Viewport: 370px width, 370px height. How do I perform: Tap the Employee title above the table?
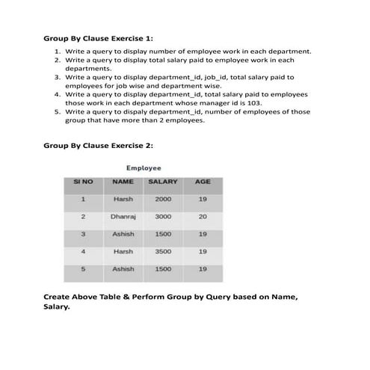[x=143, y=168]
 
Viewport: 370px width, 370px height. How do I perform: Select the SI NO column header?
[x=83, y=182]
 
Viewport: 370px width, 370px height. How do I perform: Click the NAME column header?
[x=123, y=182]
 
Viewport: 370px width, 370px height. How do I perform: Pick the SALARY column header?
[x=163, y=182]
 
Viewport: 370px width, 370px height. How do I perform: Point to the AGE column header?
[x=203, y=182]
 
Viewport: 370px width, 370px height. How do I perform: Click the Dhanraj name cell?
[x=123, y=217]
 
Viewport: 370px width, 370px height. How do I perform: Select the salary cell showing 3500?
[x=163, y=251]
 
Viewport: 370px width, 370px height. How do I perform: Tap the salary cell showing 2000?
[x=163, y=200]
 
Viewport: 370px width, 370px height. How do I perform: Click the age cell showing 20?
[x=203, y=217]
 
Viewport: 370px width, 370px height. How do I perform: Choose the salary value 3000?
[x=163, y=217]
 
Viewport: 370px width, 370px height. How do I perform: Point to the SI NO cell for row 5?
[x=83, y=268]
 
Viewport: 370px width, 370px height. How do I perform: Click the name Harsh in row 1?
[x=123, y=200]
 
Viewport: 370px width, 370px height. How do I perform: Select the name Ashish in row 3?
[x=123, y=234]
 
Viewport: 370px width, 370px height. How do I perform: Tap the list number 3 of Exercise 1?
[x=57, y=77]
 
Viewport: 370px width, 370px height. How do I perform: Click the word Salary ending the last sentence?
[x=57, y=306]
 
